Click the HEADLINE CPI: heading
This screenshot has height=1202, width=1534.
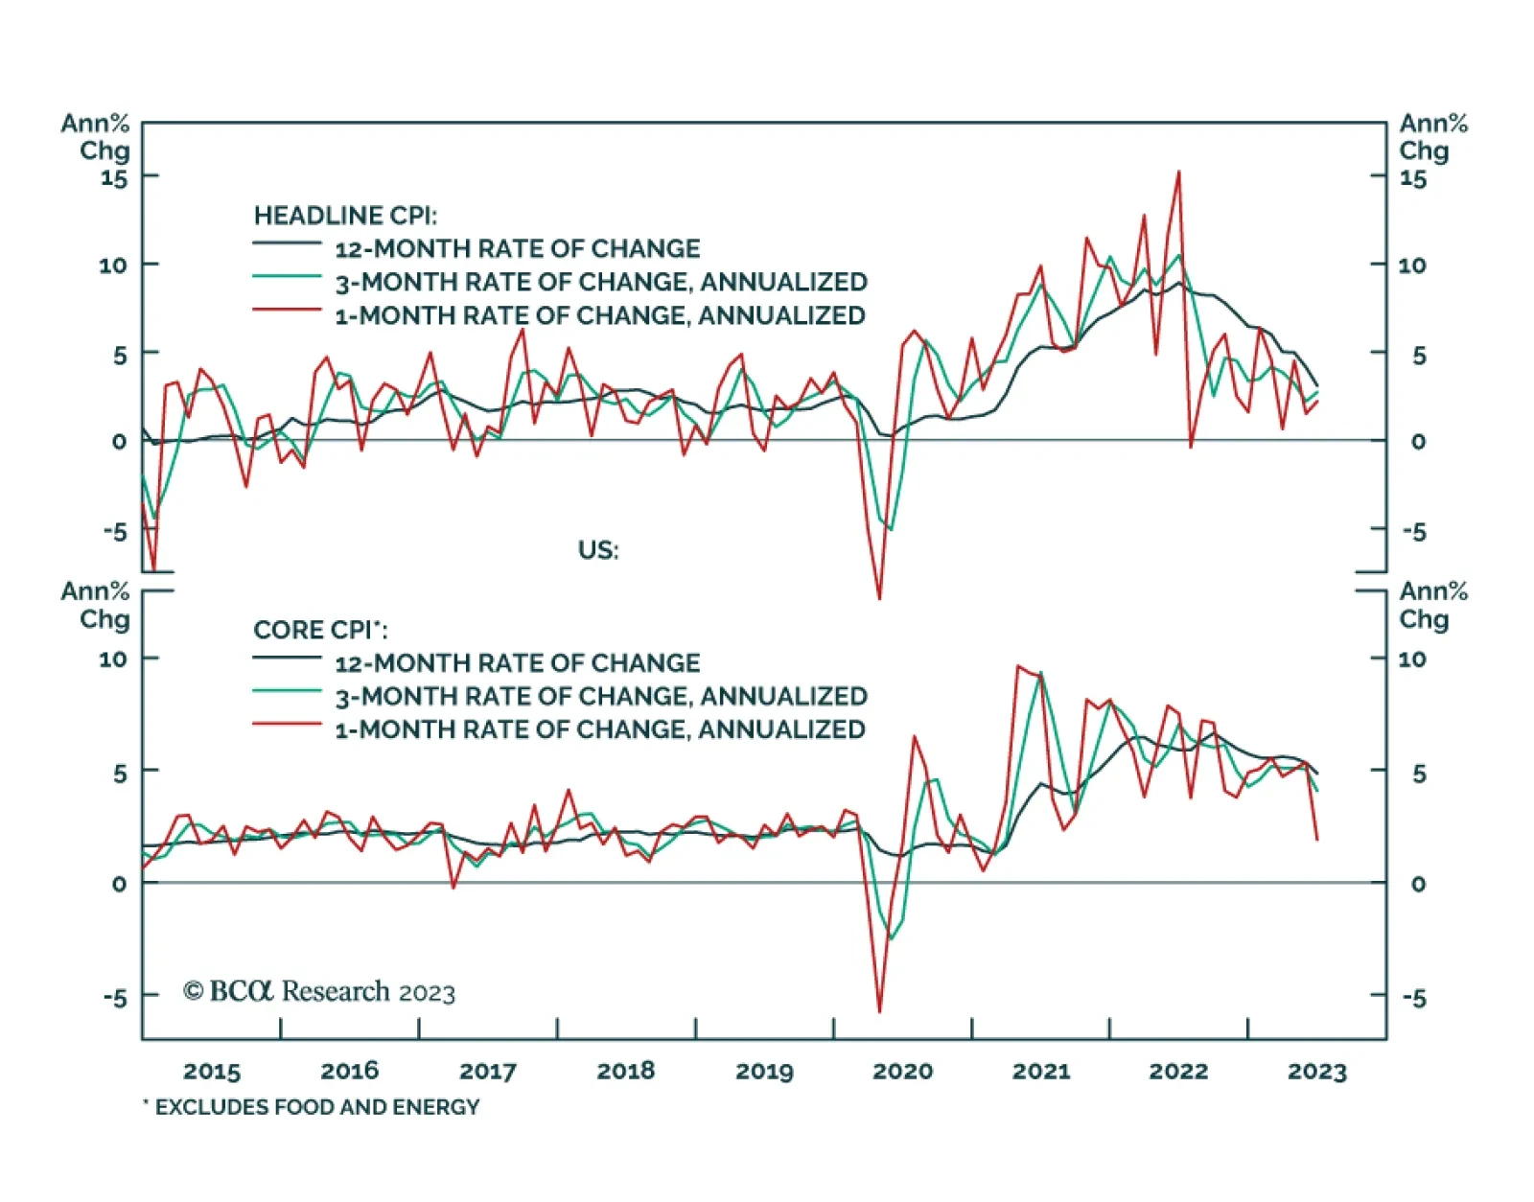pos(345,216)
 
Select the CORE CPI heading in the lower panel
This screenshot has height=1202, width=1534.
pos(320,630)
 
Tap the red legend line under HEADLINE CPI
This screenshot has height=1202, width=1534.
pos(287,310)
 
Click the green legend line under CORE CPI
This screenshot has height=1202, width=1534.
pos(287,690)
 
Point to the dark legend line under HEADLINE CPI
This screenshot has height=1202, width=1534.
pos(287,243)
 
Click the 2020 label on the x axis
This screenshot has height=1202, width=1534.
pos(902,1072)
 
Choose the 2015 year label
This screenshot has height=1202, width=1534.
pos(212,1072)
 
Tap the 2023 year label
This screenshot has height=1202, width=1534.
pos(1316,1072)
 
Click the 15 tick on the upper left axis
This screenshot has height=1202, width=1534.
pos(114,178)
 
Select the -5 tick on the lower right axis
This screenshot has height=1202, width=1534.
pos(1414,998)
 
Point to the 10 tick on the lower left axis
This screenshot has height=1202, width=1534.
pos(113,659)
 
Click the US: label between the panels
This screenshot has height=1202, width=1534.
pos(598,550)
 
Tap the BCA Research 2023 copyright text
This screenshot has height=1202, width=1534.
pos(319,991)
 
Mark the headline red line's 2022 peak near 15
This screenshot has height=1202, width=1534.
pos(1178,173)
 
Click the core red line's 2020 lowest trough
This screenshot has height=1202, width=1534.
pos(879,1011)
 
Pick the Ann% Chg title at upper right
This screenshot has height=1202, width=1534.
pos(1432,137)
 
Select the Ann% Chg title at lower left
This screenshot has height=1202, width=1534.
pos(96,605)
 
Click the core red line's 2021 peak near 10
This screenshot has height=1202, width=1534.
pos(1016,666)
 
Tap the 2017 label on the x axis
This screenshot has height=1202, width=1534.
pos(488,1072)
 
